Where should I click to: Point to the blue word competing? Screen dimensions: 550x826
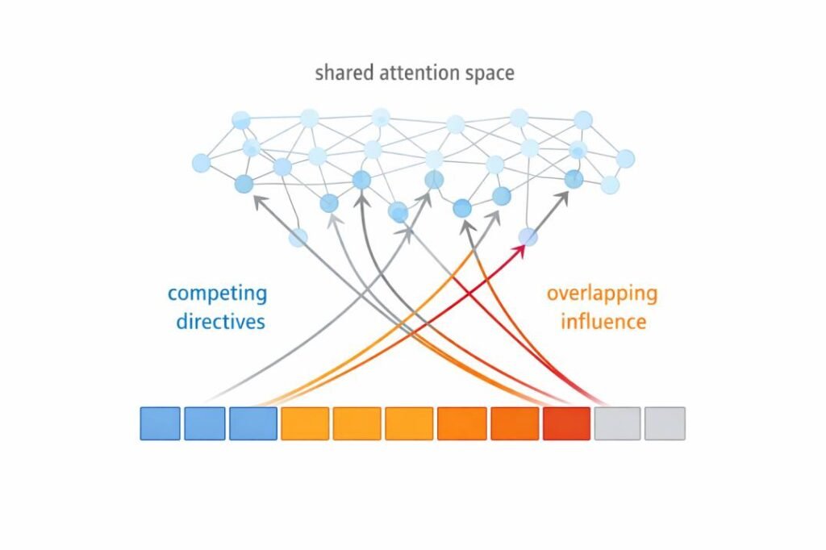[x=216, y=293]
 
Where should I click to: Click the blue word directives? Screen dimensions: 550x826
[x=216, y=321]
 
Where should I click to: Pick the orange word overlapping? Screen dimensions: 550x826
[x=602, y=293]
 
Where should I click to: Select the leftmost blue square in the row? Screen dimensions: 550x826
[x=160, y=423]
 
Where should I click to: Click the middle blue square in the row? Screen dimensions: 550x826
[x=205, y=423]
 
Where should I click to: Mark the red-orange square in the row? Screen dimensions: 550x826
[x=567, y=423]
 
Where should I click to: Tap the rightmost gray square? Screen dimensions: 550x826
[x=665, y=423]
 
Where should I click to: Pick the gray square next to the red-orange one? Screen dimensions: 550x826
[x=618, y=423]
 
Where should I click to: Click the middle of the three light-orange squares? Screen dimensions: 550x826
[x=357, y=423]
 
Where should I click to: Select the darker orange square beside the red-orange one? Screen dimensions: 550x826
[x=515, y=423]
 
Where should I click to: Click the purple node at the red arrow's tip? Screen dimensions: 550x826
[x=528, y=236]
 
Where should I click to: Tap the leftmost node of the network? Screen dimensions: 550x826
[x=201, y=163]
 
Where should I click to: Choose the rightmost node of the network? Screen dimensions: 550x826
[x=625, y=159]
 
